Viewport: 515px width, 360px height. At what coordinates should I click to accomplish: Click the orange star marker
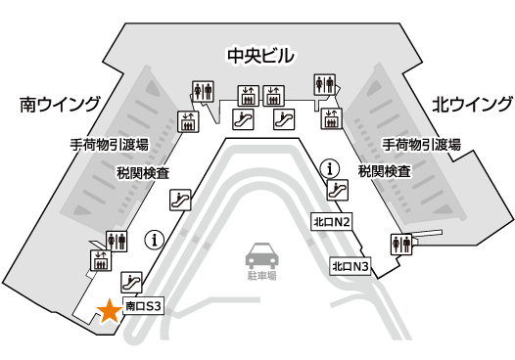coord(109,311)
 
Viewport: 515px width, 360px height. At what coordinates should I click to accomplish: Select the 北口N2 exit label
coord(331,221)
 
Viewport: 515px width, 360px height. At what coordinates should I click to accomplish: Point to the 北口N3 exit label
coord(351,266)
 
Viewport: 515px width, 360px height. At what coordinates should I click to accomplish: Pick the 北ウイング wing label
coord(472,104)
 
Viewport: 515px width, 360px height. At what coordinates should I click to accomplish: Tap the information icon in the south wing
coord(153,238)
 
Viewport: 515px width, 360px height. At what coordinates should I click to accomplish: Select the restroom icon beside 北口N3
coord(400,244)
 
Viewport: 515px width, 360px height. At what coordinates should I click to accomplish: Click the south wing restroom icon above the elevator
coord(116,240)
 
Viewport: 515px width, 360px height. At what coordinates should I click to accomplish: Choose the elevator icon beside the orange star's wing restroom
coord(99,259)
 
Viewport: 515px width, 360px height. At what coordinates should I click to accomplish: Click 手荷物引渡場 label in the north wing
coord(420,145)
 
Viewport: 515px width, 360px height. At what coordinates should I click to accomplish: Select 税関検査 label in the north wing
coord(384,171)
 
